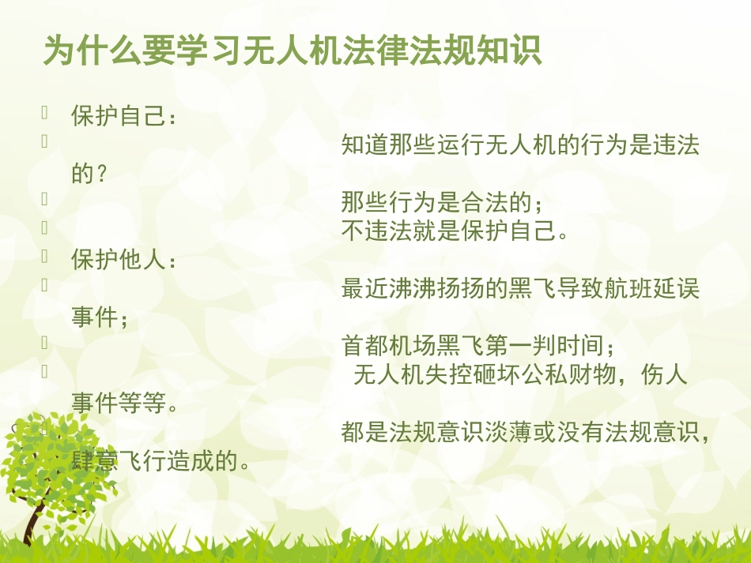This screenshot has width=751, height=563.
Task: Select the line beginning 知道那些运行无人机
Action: (x=520, y=146)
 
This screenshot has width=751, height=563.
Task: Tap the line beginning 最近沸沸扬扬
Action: (x=520, y=289)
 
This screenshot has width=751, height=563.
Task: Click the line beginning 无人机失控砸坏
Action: (x=520, y=374)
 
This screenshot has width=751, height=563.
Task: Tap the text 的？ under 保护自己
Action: (x=89, y=175)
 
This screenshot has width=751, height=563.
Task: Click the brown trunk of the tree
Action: (x=33, y=517)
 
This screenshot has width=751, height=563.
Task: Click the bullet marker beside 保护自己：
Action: (x=46, y=114)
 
